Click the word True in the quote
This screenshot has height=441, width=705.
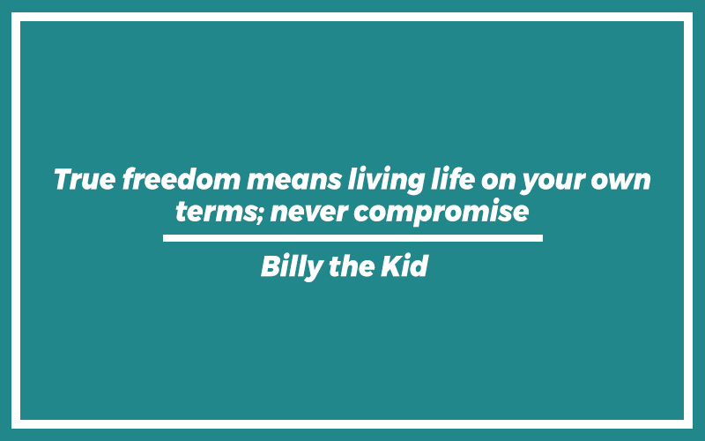coord(85,179)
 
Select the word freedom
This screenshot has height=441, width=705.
coord(182,179)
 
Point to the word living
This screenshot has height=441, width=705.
coord(386,181)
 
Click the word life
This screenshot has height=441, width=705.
coord(453,178)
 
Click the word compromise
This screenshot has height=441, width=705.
coord(442,212)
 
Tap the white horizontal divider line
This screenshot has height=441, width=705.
coord(353,238)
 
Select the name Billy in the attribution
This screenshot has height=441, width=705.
coord(292,267)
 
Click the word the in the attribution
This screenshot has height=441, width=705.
coord(352,266)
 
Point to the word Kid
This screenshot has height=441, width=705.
coord(404,265)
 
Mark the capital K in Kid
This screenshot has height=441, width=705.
coord(392,266)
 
